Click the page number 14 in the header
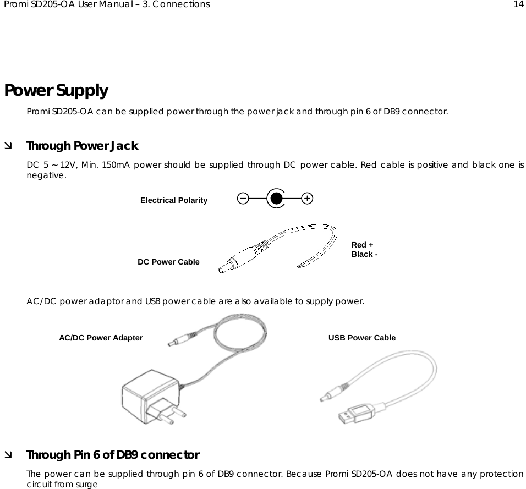coord(518,5)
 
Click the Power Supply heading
coord(56,90)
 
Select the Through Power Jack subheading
coord(82,146)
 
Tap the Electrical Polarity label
coord(174,200)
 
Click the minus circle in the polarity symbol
coord(243,198)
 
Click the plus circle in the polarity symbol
coord(307,198)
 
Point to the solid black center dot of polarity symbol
coord(276,198)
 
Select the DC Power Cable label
coord(168,262)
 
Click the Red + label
coord(362,245)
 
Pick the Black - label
coord(364,255)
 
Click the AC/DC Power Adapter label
coord(101,338)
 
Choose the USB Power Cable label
coord(361,338)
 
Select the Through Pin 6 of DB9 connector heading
coord(113,455)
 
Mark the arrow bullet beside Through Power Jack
coord(8,146)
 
